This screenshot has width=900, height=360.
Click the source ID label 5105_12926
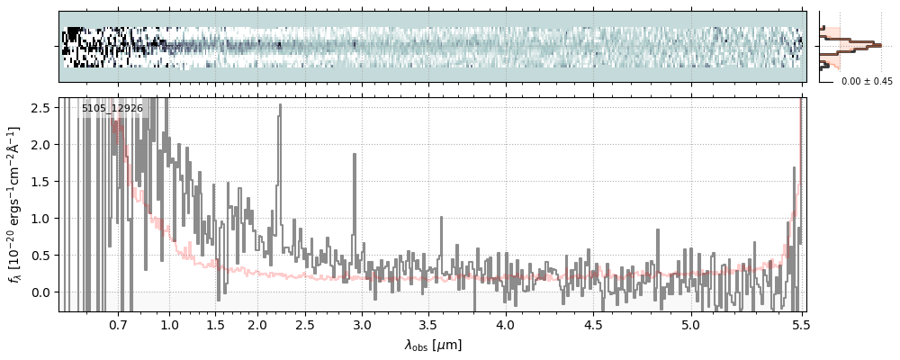pos(112,109)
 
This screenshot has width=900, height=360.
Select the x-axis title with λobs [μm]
pos(433,345)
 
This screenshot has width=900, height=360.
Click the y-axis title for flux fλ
pos(14,205)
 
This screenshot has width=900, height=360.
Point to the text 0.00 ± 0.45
pos(867,81)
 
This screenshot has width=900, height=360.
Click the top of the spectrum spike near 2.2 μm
pos(280,105)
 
